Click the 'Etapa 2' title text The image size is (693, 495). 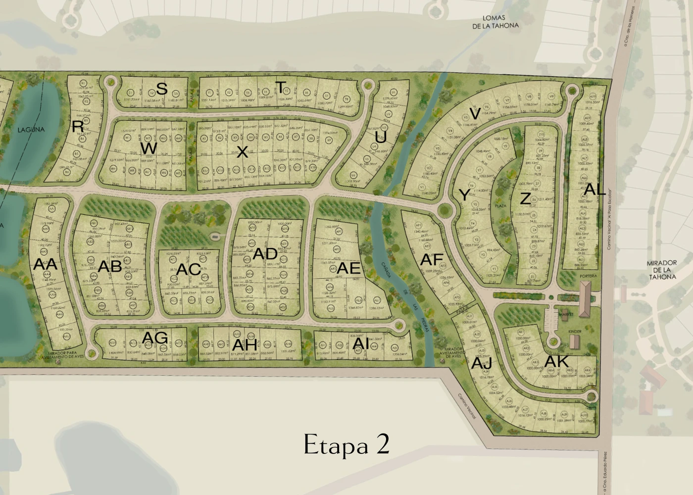click(346, 444)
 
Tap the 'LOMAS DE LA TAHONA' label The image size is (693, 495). click(495, 22)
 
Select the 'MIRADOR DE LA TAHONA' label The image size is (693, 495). click(662, 270)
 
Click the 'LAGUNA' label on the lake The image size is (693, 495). click(31, 130)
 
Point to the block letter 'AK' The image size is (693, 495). click(556, 362)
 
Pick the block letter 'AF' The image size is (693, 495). click(432, 259)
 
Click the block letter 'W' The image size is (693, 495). click(148, 148)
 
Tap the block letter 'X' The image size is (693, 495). click(242, 152)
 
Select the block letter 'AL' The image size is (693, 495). click(594, 189)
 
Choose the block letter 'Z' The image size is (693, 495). click(525, 199)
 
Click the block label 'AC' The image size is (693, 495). click(189, 269)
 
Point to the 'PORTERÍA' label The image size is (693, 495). click(587, 276)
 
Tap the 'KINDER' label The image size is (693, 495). click(575, 332)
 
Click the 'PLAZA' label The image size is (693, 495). click(501, 205)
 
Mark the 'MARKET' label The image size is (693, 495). click(566, 314)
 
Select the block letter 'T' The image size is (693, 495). click(281, 88)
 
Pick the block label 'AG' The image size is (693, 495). click(155, 339)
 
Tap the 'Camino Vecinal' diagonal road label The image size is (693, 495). click(467, 406)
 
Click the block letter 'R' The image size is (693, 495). click(78, 127)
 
